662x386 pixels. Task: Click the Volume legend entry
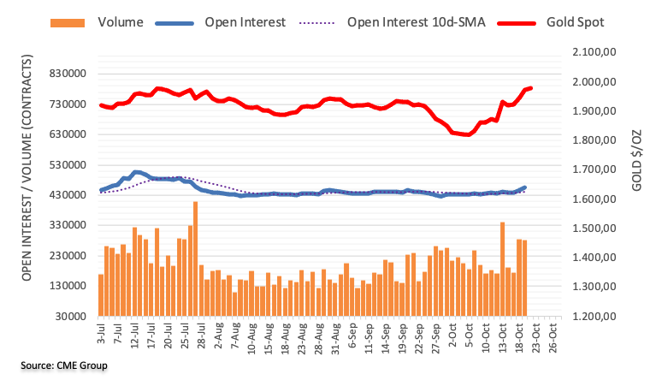[120, 21]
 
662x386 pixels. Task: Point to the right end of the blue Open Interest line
[524, 187]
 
